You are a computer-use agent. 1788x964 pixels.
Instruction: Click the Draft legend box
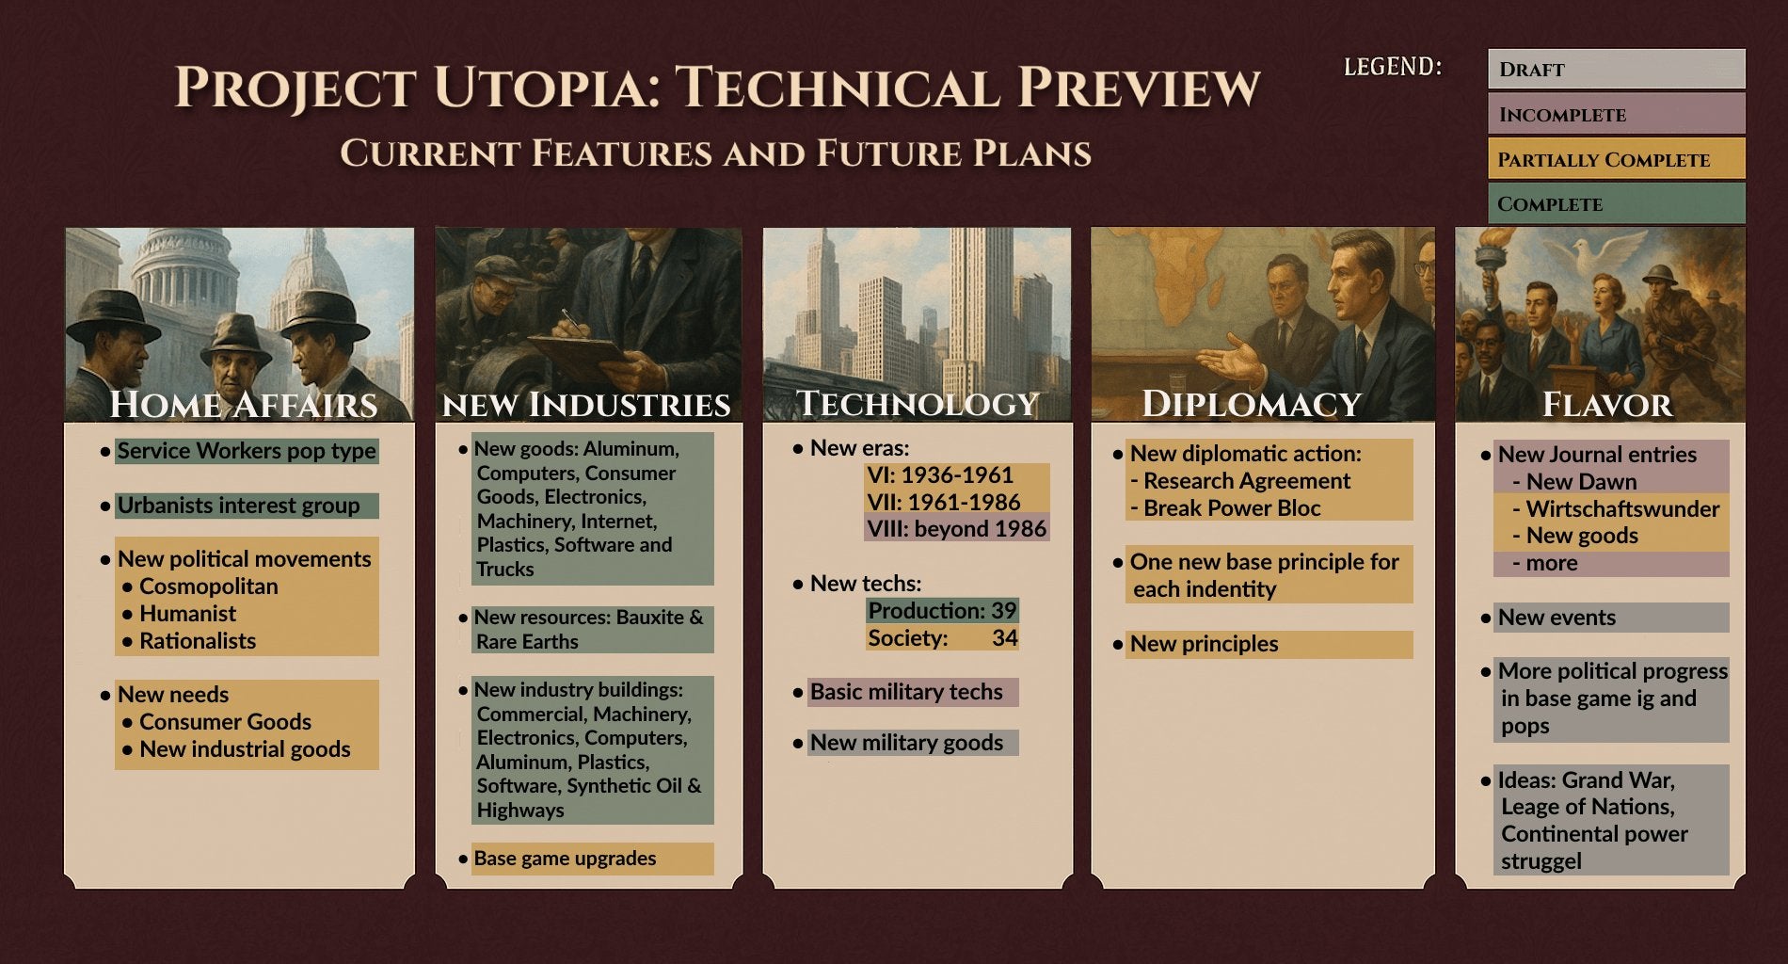pyautogui.click(x=1615, y=70)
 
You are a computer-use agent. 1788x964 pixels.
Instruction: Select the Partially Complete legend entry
pyautogui.click(x=1615, y=159)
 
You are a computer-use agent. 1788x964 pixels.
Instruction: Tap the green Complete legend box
pyautogui.click(x=1615, y=204)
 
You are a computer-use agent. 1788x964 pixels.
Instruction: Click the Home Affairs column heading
pyautogui.click(x=243, y=405)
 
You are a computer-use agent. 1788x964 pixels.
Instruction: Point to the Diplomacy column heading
pyautogui.click(x=1252, y=405)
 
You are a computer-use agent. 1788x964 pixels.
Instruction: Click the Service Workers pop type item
pyautogui.click(x=246, y=451)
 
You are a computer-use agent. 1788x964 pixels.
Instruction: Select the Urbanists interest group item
pyautogui.click(x=238, y=506)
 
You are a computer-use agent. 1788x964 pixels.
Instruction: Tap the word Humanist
pyautogui.click(x=187, y=614)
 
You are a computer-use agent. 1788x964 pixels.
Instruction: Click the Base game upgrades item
pyautogui.click(x=565, y=859)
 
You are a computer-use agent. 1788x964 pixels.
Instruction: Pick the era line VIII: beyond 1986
pyautogui.click(x=956, y=529)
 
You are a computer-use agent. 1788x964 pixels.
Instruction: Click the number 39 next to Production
pyautogui.click(x=1003, y=611)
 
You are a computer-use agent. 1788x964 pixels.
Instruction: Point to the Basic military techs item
pyautogui.click(x=906, y=692)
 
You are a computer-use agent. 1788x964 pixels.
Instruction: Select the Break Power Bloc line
pyautogui.click(x=1231, y=508)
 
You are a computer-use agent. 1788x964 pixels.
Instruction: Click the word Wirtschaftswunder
pyautogui.click(x=1622, y=509)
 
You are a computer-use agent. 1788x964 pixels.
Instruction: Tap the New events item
pyautogui.click(x=1557, y=618)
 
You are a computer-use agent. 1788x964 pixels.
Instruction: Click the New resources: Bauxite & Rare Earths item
pyautogui.click(x=589, y=629)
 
